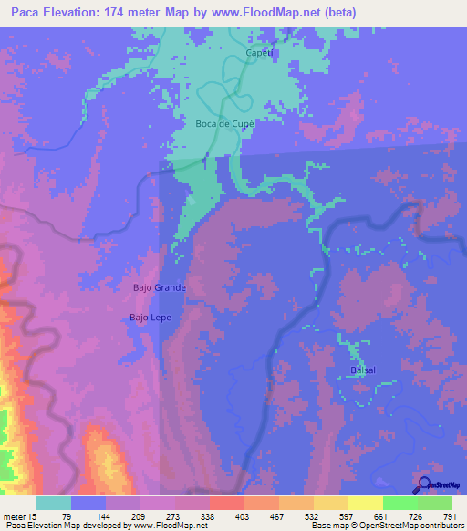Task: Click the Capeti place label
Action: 259,54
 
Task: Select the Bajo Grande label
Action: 160,287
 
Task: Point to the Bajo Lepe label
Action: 150,318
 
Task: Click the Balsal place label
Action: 363,370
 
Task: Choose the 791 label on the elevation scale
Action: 451,516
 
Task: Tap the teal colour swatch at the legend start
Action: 54,503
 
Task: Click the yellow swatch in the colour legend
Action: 366,503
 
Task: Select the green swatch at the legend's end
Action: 435,503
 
